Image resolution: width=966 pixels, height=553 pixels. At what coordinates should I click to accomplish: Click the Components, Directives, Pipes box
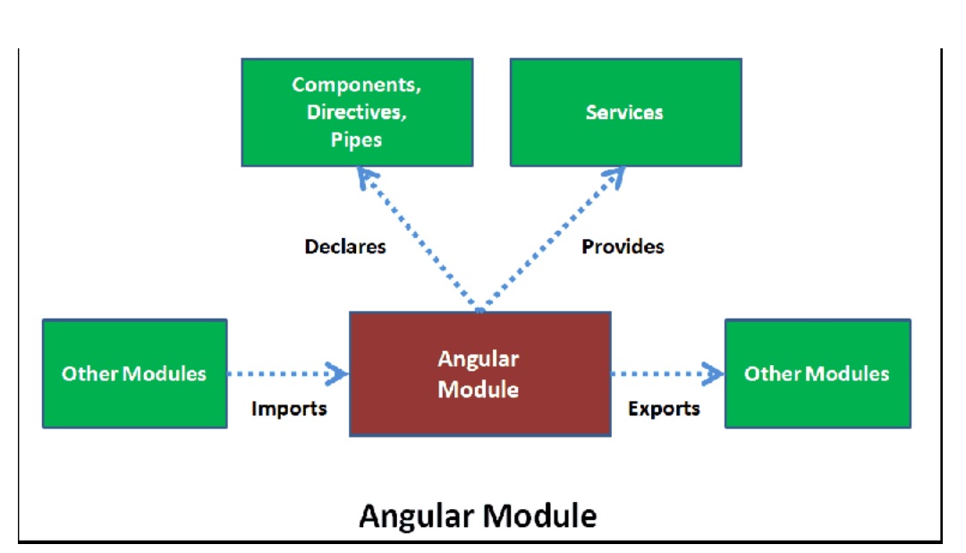(357, 112)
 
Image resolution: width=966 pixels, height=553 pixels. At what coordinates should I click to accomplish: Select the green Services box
(625, 112)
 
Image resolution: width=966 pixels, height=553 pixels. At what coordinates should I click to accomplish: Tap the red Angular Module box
(479, 374)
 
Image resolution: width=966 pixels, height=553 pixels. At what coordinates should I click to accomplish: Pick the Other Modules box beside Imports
(134, 373)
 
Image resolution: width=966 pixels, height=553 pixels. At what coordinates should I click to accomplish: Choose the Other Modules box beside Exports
(817, 373)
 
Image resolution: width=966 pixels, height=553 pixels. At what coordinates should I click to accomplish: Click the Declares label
(345, 246)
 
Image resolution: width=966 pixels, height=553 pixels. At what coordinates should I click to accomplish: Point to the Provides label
(623, 246)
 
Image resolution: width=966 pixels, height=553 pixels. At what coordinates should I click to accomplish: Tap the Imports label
(289, 409)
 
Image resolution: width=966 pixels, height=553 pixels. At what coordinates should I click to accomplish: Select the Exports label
(664, 409)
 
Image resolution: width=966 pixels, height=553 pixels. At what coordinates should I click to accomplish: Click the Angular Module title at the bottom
(478, 516)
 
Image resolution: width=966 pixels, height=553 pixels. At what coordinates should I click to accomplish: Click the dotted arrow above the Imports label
(286, 373)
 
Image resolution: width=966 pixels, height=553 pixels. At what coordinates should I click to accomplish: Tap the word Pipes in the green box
(357, 140)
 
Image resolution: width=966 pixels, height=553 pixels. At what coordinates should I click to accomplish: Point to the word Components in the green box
(357, 85)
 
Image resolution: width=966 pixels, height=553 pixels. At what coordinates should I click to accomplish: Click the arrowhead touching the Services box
(614, 175)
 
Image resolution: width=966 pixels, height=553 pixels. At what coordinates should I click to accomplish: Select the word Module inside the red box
(479, 390)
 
